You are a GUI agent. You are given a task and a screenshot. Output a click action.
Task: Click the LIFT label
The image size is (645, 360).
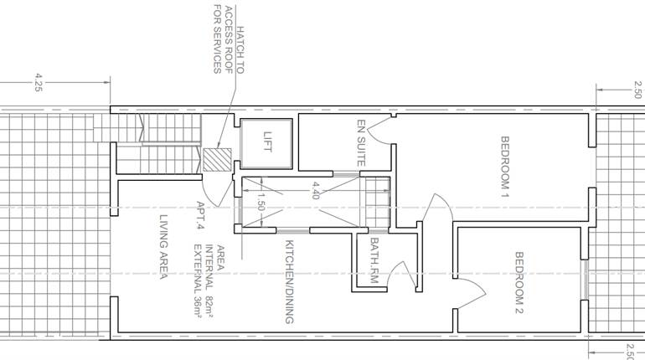pyautogui.click(x=267, y=141)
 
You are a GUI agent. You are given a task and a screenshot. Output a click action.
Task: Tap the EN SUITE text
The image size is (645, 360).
pyautogui.click(x=361, y=142)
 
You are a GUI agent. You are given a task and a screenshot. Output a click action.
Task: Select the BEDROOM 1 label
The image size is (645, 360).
pyautogui.click(x=505, y=167)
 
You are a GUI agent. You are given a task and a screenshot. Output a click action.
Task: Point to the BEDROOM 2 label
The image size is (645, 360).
pyautogui.click(x=519, y=283)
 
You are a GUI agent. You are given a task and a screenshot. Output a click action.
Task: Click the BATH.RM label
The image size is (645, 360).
pyautogui.click(x=374, y=260)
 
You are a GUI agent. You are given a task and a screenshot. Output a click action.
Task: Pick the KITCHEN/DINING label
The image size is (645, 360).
pyautogui.click(x=290, y=282)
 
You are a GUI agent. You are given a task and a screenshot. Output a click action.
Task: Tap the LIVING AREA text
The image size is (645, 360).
pyautogui.click(x=163, y=247)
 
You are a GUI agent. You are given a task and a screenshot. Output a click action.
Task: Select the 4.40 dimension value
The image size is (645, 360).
pyautogui.click(x=316, y=191)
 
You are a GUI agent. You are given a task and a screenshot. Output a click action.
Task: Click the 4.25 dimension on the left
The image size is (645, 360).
pyautogui.click(x=39, y=82)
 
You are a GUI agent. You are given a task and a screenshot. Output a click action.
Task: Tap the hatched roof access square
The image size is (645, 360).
pyautogui.click(x=217, y=160)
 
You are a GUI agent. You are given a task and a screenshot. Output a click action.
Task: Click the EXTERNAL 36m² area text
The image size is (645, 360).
pyautogui.click(x=199, y=281)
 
